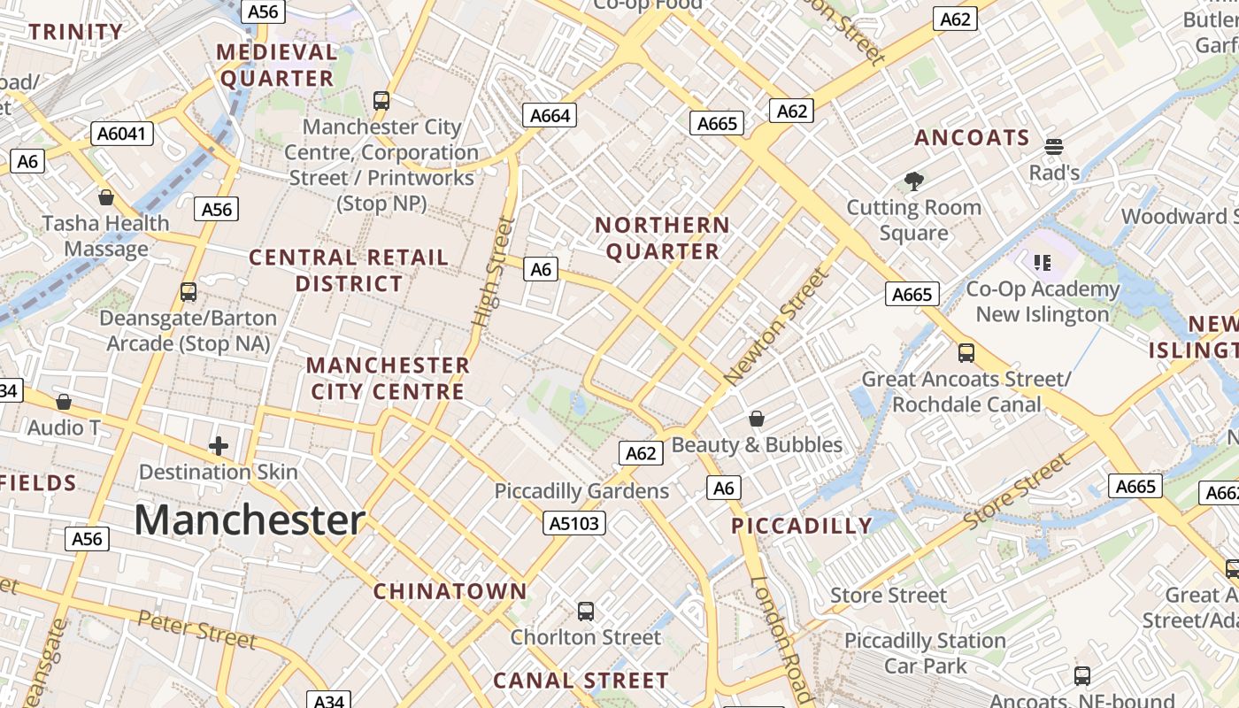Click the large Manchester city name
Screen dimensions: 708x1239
point(250,519)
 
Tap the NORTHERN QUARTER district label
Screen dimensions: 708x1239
point(663,238)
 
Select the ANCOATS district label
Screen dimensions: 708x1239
point(972,138)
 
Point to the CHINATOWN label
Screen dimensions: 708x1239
point(450,591)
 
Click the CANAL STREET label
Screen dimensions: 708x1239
point(581,681)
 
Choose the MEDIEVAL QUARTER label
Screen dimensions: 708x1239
point(277,65)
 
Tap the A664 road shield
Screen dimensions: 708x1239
point(550,115)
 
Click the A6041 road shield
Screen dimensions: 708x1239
point(122,134)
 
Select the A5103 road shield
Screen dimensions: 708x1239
point(574,524)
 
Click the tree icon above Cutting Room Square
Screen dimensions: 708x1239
point(914,182)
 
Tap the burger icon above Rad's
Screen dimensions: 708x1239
point(1053,146)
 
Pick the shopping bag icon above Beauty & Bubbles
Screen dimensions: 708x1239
point(757,419)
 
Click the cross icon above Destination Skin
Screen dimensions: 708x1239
point(219,446)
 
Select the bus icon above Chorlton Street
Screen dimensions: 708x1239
point(585,611)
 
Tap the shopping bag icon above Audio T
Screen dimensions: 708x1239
point(64,403)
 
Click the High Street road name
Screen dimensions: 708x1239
point(494,273)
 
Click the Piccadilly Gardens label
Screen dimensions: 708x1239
point(581,491)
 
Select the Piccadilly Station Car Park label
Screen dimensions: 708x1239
point(925,653)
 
